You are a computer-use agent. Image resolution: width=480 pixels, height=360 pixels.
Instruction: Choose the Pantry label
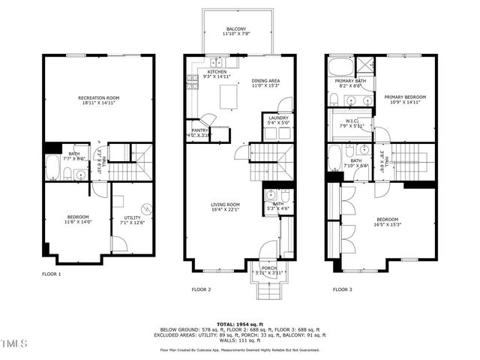point(199,133)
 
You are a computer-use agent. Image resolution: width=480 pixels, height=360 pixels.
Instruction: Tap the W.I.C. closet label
point(352,123)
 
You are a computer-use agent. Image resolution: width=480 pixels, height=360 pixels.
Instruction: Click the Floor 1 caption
point(52,274)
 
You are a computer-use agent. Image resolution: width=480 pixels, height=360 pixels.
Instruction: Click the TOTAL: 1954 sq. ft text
point(239,324)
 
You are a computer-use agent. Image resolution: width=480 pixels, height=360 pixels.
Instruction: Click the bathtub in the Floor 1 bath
point(52,168)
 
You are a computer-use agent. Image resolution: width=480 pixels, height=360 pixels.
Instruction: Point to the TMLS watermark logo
point(14,344)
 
